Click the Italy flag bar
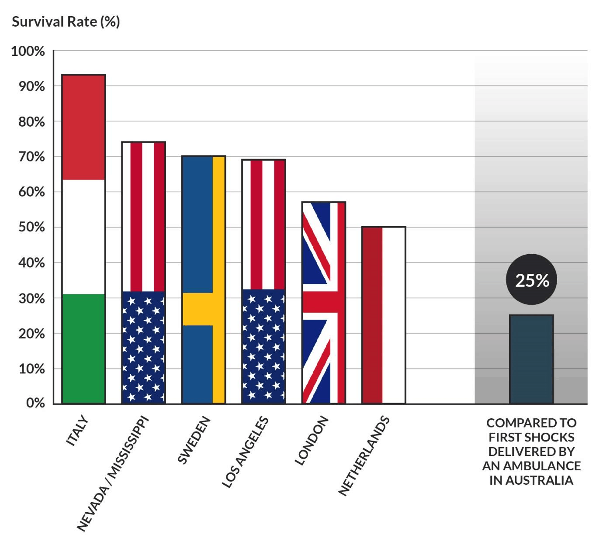coord(83,239)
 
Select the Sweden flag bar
coord(204,279)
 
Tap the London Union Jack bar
coord(324,302)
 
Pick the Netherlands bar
coord(384,315)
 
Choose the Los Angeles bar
coord(263,281)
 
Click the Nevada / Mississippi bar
coord(143,272)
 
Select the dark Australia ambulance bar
coord(531,359)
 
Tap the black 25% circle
coord(531,280)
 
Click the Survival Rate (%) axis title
coord(66,22)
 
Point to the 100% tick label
coord(28,52)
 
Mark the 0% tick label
coord(35,403)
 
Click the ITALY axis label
coord(77,431)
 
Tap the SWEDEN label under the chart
coord(194,440)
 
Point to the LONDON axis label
coord(311,441)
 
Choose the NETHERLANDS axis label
coord(364,456)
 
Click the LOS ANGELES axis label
coord(245,452)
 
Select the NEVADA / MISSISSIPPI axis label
coord(113,474)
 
